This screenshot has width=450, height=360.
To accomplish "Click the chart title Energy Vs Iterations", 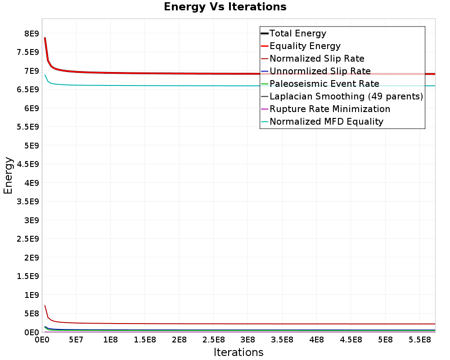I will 225,7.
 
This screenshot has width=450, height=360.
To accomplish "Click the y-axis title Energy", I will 8,175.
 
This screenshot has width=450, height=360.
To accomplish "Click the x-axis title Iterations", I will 238,352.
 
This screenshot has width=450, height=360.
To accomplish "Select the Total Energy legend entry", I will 297,33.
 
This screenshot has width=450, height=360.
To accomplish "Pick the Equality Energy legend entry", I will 305,46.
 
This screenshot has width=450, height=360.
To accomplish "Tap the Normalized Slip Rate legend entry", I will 317,58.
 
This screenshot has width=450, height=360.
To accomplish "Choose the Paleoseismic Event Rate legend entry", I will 324,84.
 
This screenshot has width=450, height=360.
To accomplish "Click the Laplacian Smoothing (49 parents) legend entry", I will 346,96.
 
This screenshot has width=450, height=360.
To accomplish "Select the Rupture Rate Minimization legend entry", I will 329,109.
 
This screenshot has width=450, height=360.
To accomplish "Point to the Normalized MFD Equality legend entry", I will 326,121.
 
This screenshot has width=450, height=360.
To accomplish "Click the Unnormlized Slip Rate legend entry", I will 320,71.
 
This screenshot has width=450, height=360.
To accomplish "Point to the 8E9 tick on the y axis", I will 31,34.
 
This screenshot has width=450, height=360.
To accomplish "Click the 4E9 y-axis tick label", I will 31,183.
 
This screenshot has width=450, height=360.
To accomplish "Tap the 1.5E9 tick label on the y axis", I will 28,276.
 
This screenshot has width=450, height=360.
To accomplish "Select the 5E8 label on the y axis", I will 31,313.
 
